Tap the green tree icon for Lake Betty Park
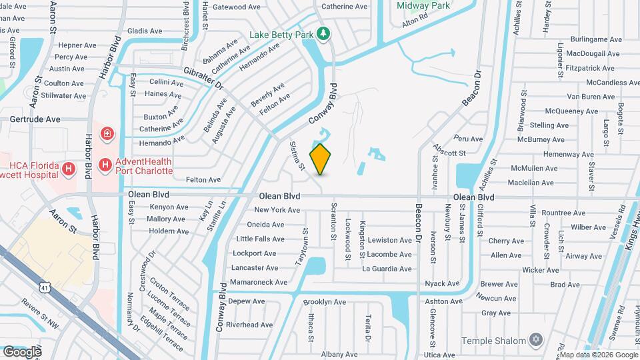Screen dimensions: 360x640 (323, 33)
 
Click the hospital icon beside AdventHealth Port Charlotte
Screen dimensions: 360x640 (105, 164)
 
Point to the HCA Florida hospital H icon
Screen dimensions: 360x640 (68, 170)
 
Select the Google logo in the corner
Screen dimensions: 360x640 (22, 351)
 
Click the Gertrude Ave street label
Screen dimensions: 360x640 (35, 119)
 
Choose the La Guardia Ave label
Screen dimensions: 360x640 (387, 269)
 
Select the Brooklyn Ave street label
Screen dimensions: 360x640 (324, 302)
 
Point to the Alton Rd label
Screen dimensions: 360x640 (414, 23)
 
